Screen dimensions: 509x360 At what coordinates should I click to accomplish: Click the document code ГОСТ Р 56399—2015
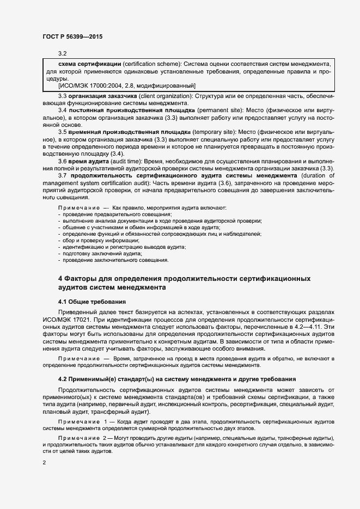pyautogui.click(x=72, y=36)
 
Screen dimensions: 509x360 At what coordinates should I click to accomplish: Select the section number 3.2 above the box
pyautogui.click(x=62, y=53)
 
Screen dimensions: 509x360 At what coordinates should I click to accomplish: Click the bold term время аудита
pyautogui.click(x=89, y=161)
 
